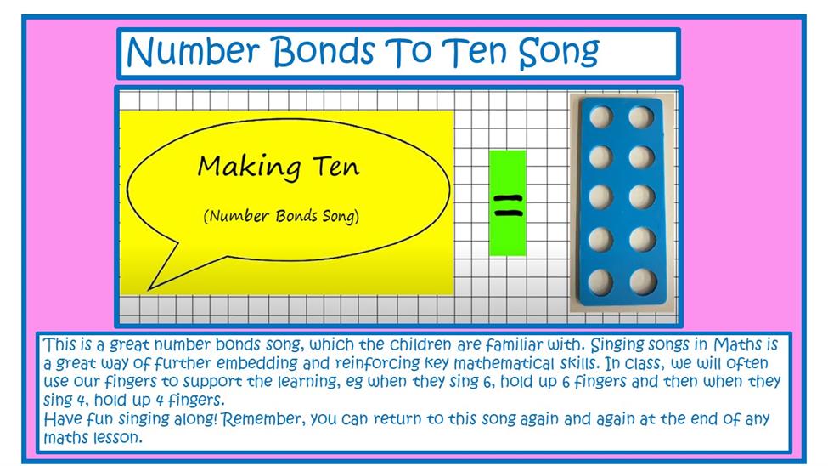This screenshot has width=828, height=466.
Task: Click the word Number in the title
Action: coord(193,51)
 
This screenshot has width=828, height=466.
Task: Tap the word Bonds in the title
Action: coord(324,51)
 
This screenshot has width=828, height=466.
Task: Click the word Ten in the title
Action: coord(473,51)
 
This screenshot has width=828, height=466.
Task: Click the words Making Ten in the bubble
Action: coord(279,166)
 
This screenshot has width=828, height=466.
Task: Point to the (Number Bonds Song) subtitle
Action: coord(281,216)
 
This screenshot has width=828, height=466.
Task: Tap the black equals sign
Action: coord(508,206)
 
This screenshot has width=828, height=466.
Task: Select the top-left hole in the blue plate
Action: coord(601,116)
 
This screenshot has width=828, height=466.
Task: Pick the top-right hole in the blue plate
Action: coord(641,116)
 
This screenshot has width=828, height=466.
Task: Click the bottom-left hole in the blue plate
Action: coord(601,281)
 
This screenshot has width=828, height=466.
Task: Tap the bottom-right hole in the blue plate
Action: coord(643,281)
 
